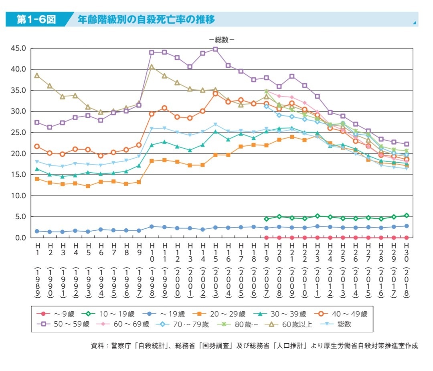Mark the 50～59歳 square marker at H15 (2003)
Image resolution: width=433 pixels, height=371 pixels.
tap(215, 49)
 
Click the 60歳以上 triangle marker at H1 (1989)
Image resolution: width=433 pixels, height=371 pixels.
tap(37, 75)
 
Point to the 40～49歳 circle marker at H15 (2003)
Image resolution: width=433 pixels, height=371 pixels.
tap(215, 94)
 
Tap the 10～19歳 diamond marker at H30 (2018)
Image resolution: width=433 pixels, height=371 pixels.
tap(407, 216)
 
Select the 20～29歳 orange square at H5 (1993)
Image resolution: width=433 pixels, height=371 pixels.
tap(88, 186)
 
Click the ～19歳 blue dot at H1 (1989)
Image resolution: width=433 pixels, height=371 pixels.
tap(37, 231)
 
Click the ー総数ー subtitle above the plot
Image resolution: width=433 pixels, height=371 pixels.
tap(222, 40)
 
